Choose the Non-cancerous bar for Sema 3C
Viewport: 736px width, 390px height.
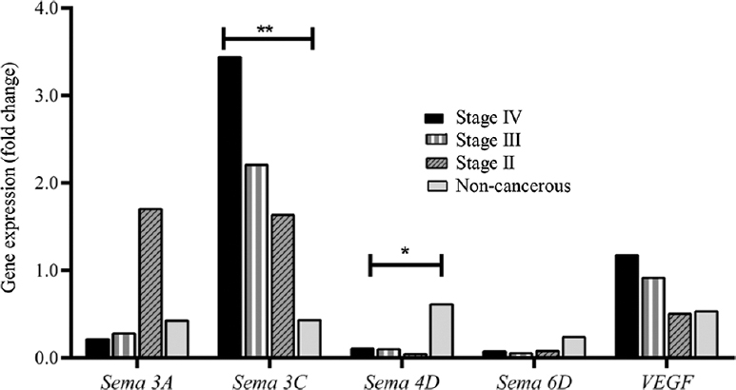[308, 339]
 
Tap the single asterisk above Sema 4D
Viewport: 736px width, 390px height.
[405, 251]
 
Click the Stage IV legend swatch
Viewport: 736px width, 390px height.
[434, 118]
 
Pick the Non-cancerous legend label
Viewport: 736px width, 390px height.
[511, 185]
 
